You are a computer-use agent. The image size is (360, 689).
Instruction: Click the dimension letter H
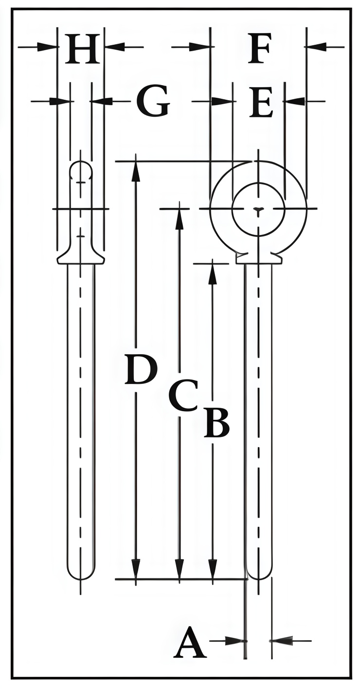[x=82, y=49]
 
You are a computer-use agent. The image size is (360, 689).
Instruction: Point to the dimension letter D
[x=141, y=370]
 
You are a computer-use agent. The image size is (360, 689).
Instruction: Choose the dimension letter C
[x=183, y=395]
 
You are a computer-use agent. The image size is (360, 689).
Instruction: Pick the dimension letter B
[x=216, y=422]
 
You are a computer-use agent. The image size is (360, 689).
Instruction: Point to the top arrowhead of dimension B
[x=212, y=272]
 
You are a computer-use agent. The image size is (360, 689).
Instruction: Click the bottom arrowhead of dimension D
[x=136, y=569]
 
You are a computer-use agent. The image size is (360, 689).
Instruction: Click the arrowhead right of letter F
[x=315, y=47]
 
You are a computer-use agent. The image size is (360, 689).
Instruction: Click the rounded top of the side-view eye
[x=80, y=163]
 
